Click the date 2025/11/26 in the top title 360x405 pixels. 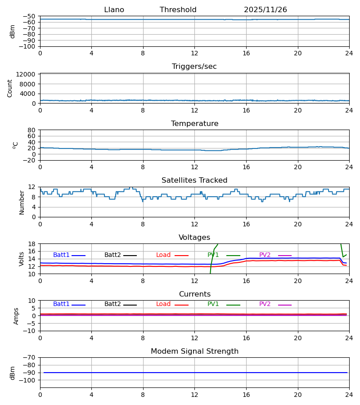pyautogui.click(x=265, y=10)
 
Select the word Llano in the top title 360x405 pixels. pyautogui.click(x=114, y=10)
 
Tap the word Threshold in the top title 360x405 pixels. pyautogui.click(x=178, y=10)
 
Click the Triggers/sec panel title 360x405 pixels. pyautogui.click(x=194, y=67)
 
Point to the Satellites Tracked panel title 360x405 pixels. pyautogui.click(x=194, y=180)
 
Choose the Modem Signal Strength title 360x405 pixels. pyautogui.click(x=194, y=351)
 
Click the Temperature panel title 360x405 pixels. pyautogui.click(x=194, y=124)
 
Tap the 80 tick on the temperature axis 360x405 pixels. pyautogui.click(x=32, y=130)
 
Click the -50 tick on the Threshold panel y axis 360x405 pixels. pyautogui.click(x=30, y=16)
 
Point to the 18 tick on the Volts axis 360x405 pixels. pyautogui.click(x=32, y=244)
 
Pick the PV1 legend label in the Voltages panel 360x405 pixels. pyautogui.click(x=213, y=255)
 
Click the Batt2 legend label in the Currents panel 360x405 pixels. pyautogui.click(x=112, y=304)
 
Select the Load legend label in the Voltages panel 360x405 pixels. pyautogui.click(x=163, y=255)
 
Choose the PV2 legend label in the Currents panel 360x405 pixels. pyautogui.click(x=265, y=304)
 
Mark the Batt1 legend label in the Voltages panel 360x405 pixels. pyautogui.click(x=61, y=255)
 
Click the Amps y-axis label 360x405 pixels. pyautogui.click(x=16, y=316)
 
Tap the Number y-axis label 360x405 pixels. pyautogui.click(x=22, y=202)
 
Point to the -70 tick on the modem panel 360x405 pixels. pyautogui.click(x=30, y=358)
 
